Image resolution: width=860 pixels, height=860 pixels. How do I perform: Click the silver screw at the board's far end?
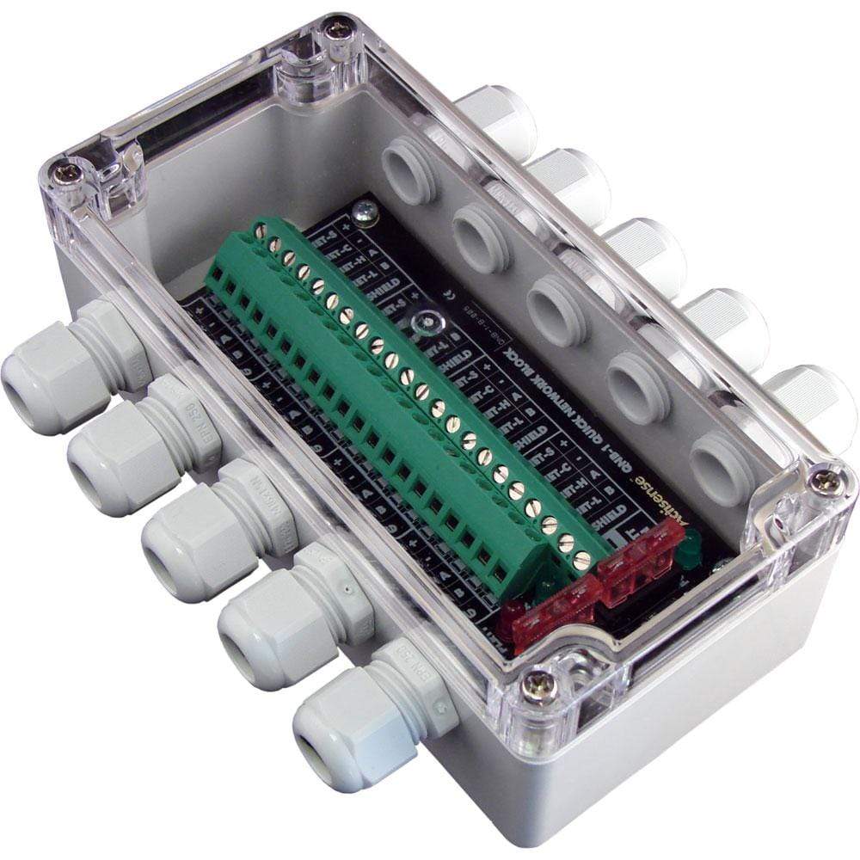click(366, 208)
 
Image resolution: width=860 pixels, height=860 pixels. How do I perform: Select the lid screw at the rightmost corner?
click(827, 482)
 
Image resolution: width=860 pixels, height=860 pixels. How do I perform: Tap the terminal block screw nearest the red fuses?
click(581, 560)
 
